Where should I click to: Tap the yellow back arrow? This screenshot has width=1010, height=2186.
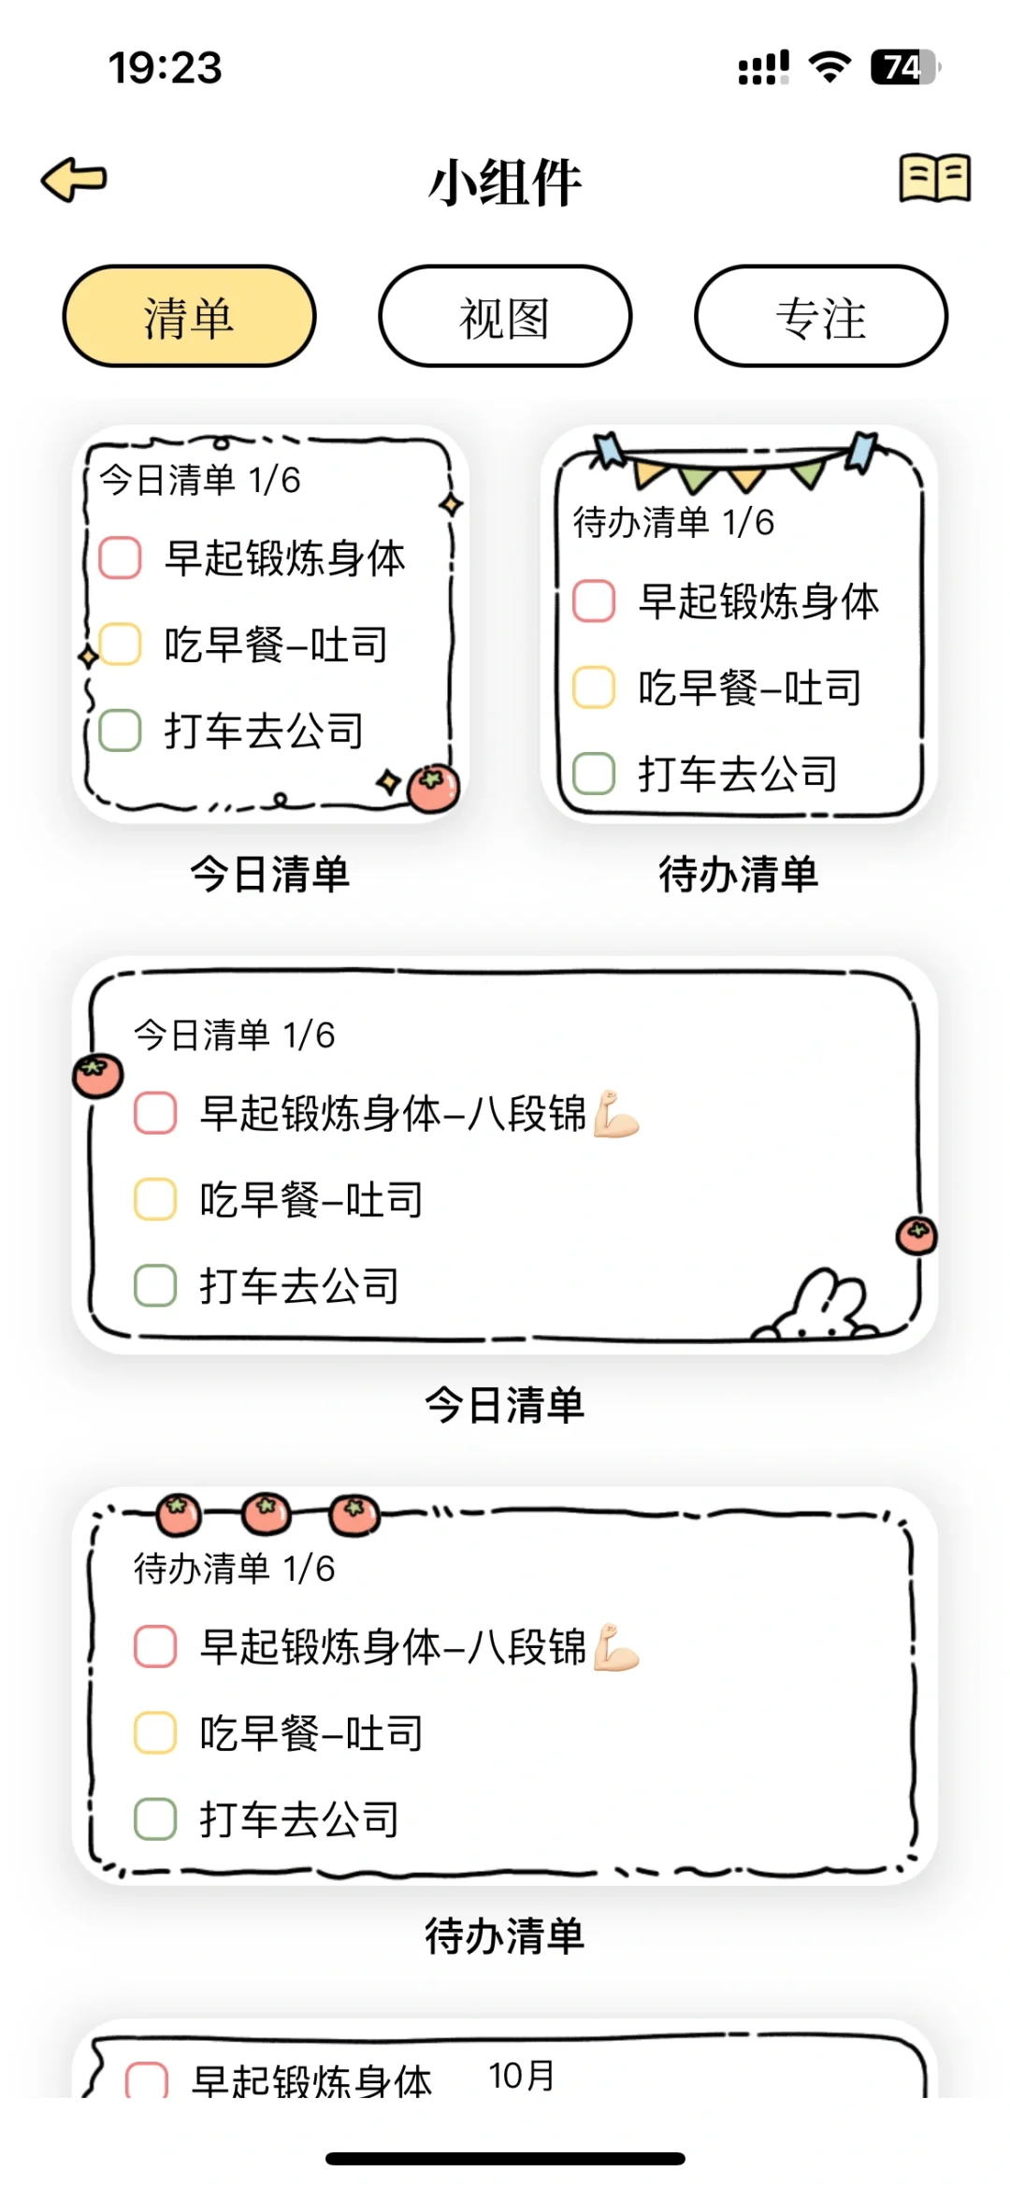(74, 179)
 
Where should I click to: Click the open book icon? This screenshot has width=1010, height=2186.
(934, 178)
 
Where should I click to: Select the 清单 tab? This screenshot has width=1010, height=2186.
(189, 317)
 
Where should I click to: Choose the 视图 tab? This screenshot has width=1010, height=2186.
(505, 317)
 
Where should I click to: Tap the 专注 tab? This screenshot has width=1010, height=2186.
(820, 317)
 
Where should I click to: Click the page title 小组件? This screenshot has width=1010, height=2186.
(505, 182)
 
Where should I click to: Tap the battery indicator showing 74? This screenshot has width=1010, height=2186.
(903, 67)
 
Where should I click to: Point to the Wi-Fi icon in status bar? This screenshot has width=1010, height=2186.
(830, 67)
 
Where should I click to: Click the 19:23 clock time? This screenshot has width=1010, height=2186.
(166, 67)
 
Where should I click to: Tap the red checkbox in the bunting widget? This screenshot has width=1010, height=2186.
(594, 601)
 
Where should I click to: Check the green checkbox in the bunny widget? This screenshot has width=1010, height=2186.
(155, 1285)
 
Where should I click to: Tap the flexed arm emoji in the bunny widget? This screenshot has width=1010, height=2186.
(616, 1113)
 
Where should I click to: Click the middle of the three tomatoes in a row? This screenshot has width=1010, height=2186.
(266, 1513)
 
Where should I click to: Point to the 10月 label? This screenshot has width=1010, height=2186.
(522, 2076)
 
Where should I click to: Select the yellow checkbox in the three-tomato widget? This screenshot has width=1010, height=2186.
(155, 1732)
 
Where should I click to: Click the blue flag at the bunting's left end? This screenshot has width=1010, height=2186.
(610, 450)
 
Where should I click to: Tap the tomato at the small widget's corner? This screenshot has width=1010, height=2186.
(433, 788)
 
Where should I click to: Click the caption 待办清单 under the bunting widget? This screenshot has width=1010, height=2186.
(739, 875)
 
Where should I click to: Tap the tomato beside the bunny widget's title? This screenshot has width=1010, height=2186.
(98, 1076)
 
